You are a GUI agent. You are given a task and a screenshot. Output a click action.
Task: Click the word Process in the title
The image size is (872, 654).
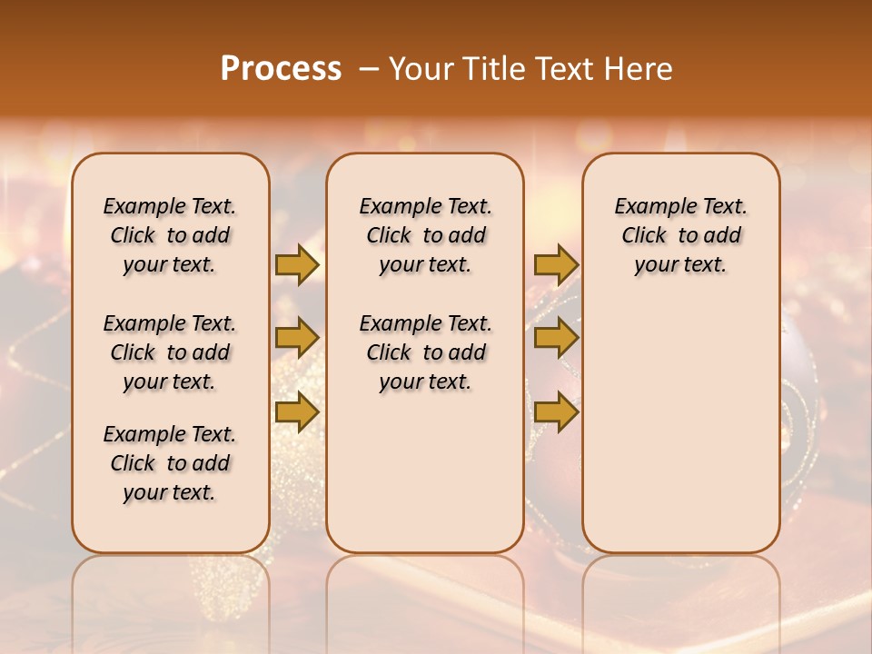(281, 69)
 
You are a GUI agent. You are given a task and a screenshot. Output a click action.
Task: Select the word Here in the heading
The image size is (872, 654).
(639, 69)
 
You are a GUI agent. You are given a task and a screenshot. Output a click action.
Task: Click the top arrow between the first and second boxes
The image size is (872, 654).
(296, 264)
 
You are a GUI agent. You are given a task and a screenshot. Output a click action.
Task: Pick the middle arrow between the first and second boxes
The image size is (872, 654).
(296, 338)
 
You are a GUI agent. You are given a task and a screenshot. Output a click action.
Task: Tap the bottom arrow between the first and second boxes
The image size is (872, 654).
(296, 412)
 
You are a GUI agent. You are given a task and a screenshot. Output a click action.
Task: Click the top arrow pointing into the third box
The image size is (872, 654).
(556, 264)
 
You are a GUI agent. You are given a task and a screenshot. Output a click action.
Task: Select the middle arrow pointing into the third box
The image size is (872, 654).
(556, 338)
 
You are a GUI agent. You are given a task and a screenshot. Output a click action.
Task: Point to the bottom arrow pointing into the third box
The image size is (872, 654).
(556, 412)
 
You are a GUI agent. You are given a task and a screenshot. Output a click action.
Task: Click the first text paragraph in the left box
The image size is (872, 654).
(170, 235)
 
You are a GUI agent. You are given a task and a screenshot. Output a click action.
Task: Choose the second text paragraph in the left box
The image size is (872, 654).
(170, 352)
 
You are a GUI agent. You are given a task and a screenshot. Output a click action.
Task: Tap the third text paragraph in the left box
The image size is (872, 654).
(170, 463)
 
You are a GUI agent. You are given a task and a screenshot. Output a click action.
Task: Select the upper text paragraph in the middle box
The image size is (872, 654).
(425, 235)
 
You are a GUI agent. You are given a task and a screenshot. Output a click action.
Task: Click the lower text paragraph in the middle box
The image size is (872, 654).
(425, 352)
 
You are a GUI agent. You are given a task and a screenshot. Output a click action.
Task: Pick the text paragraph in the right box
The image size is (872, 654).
(680, 235)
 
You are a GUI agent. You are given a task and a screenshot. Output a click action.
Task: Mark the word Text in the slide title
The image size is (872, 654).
(565, 69)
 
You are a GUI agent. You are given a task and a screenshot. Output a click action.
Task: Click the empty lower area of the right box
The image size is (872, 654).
(680, 427)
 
